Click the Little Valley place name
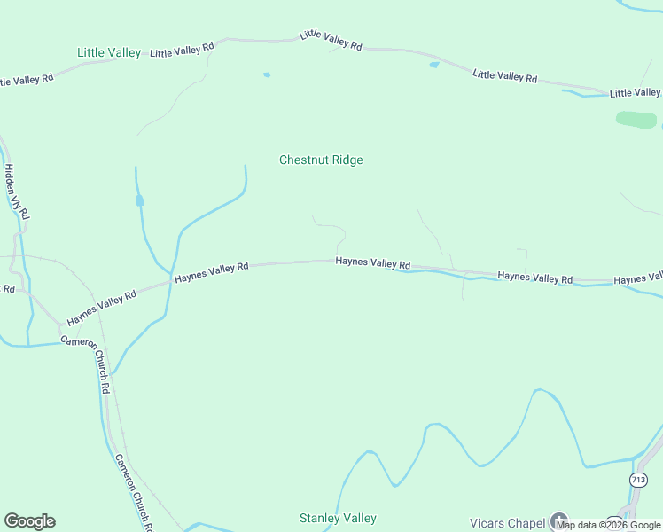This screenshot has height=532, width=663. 109,52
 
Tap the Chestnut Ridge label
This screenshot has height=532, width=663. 321,160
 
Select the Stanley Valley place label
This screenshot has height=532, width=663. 338,518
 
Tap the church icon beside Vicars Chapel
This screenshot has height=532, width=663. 558,520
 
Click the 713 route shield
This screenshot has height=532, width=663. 638,480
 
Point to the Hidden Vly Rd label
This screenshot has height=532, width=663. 17,192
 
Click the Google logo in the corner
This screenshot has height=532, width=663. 29,521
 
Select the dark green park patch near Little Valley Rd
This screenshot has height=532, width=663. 636,119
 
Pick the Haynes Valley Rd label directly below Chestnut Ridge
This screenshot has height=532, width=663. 373,263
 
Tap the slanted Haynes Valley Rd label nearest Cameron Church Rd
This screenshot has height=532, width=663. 101,307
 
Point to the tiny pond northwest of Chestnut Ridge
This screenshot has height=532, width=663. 266,75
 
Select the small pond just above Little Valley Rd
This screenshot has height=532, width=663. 433,65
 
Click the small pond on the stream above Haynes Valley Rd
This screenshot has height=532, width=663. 139,201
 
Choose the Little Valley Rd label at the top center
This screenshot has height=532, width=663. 331,40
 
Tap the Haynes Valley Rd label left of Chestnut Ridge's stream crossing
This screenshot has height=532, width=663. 211,272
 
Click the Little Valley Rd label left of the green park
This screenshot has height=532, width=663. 504,76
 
